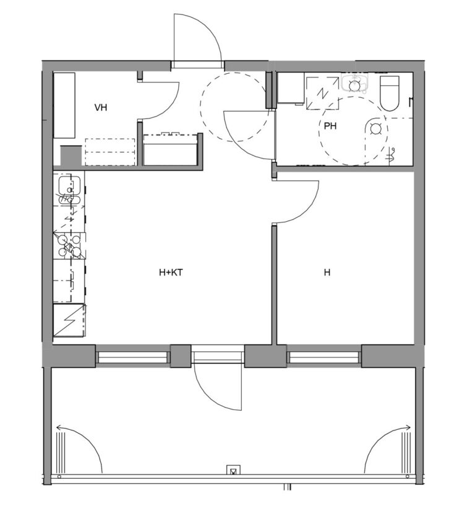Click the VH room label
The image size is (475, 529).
(x=101, y=108)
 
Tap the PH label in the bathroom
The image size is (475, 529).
(x=331, y=126)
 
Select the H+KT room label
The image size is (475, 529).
(x=171, y=272)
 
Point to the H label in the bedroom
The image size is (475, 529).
(x=327, y=272)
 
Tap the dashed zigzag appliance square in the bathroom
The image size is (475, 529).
(x=321, y=92)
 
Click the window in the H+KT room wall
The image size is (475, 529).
(x=132, y=357)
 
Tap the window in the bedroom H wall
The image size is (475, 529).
(x=323, y=357)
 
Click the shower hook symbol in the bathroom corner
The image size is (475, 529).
(x=390, y=155)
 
